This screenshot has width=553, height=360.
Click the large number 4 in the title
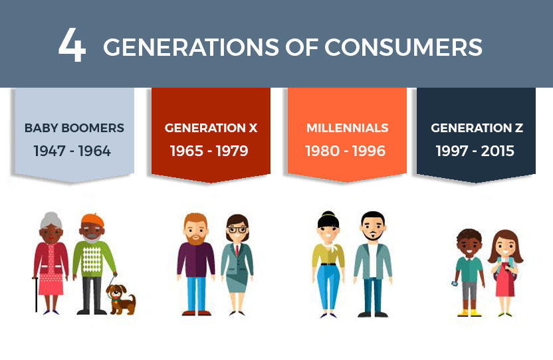72,46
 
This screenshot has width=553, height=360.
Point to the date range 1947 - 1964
72,151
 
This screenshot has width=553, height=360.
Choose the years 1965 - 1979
209,151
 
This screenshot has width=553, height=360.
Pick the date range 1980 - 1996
346,151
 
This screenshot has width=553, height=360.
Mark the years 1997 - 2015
475,151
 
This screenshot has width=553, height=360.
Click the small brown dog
121,298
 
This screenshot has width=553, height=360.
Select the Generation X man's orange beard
195,238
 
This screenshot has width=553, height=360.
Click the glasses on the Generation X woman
237,230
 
